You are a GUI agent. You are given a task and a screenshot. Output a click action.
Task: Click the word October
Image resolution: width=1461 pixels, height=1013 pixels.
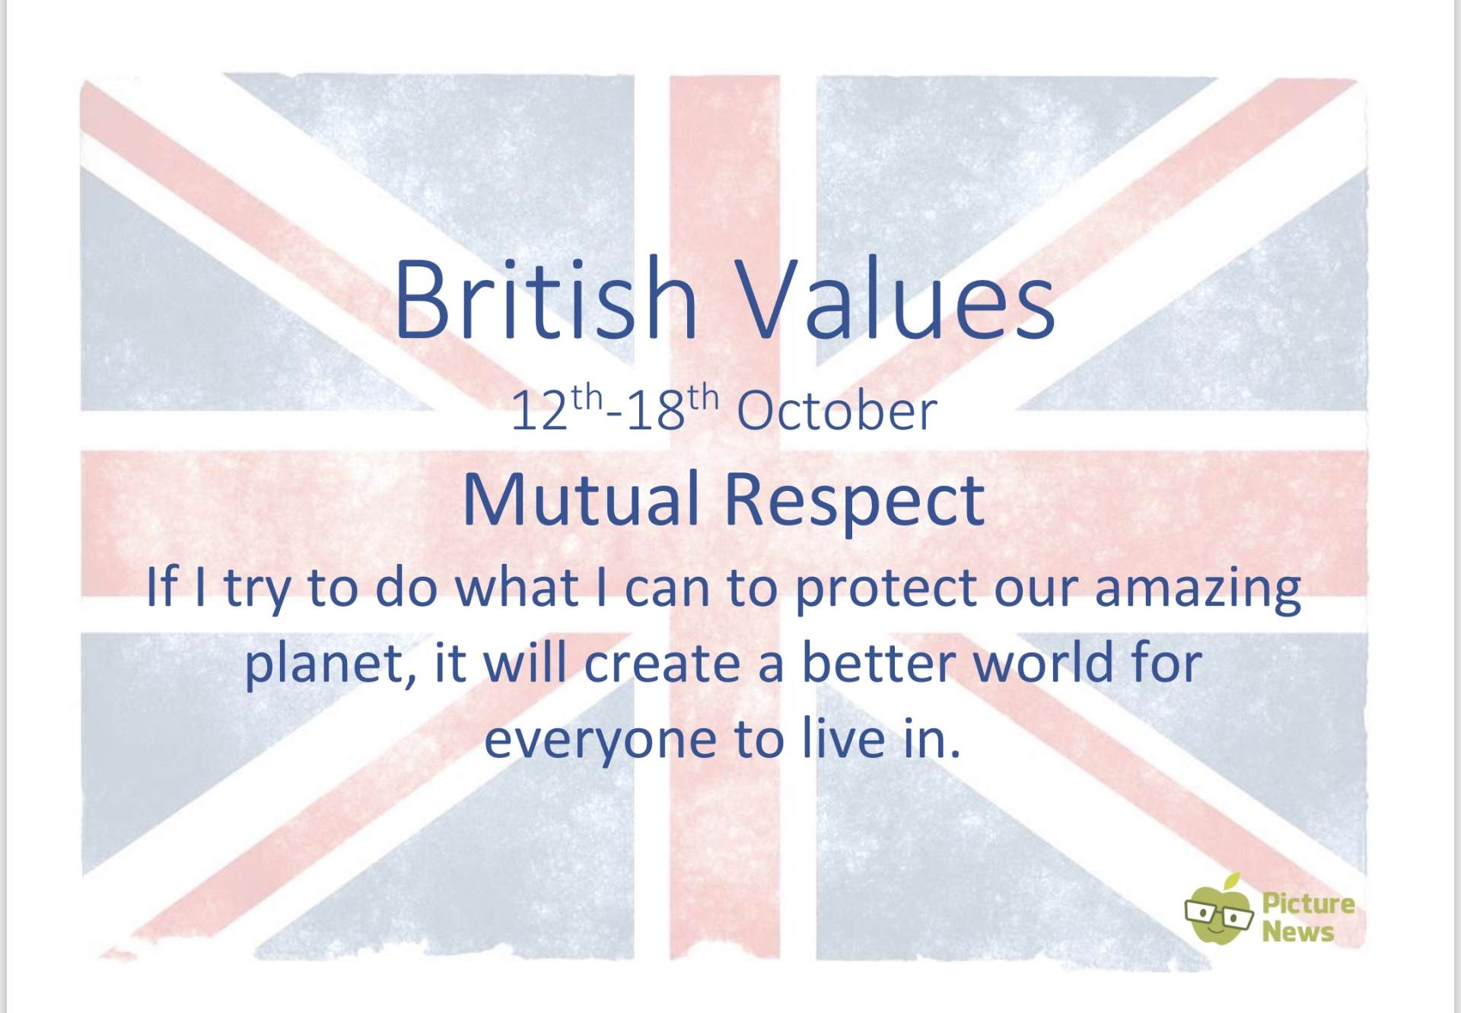(836, 410)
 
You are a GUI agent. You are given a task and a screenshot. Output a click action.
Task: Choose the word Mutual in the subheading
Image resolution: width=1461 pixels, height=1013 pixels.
(581, 499)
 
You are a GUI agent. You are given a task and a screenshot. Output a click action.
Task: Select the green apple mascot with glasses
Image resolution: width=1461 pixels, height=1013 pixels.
(1218, 909)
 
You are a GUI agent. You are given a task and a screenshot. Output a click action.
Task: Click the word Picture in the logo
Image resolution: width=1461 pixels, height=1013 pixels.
(1308, 904)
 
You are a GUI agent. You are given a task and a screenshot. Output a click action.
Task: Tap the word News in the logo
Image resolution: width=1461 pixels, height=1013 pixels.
(1298, 932)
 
